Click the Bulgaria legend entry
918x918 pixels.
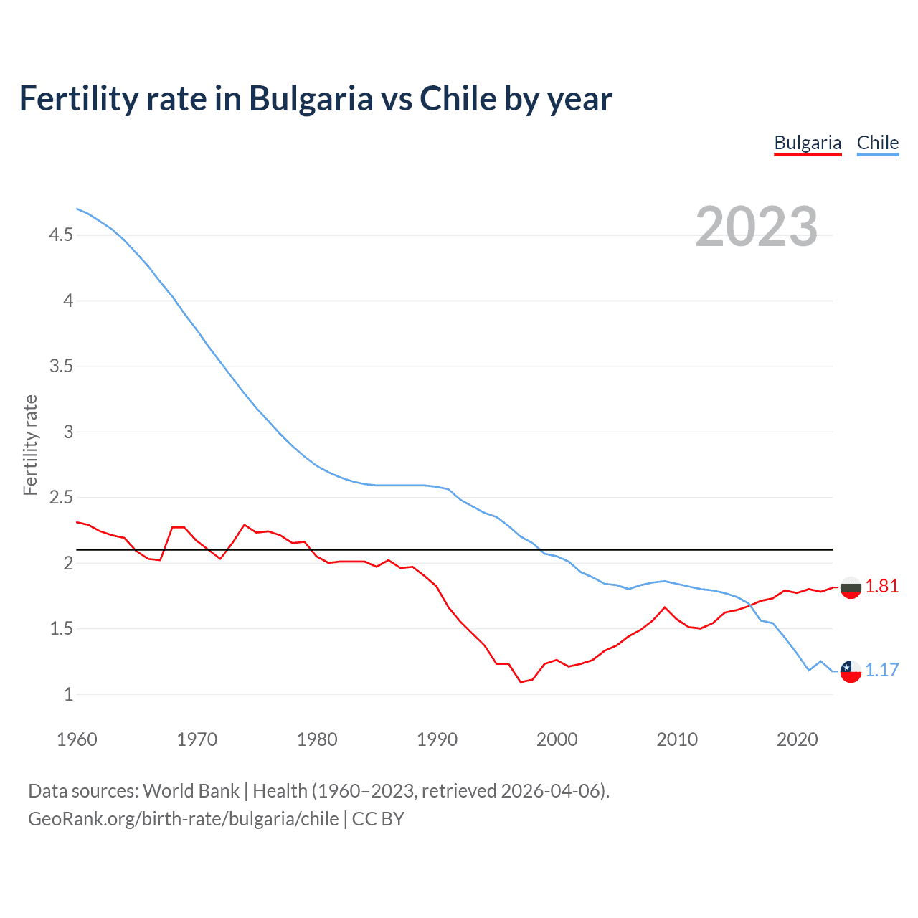tap(808, 143)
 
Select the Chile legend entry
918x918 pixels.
tap(878, 143)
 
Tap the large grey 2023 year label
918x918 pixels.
tap(757, 227)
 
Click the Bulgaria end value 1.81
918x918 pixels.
tap(881, 587)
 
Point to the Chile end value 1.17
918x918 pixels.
tap(881, 670)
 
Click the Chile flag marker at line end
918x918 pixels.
tap(851, 671)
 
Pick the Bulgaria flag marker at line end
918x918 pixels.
tap(851, 587)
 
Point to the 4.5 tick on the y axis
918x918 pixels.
tap(61, 235)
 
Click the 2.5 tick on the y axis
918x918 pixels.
tap(61, 498)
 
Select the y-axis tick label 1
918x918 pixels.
tap(68, 694)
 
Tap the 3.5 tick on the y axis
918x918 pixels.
tap(61, 366)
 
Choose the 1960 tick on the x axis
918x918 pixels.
tap(77, 739)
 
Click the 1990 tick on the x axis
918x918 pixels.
tap(437, 739)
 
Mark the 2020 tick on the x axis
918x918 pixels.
tap(797, 739)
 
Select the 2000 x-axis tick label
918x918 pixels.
tap(557, 739)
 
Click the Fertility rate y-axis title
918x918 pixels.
tap(30, 445)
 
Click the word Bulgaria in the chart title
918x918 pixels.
tap(311, 99)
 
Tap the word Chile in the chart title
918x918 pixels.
tap(456, 99)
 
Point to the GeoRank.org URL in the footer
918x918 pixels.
tap(183, 819)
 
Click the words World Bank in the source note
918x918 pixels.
tap(191, 791)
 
